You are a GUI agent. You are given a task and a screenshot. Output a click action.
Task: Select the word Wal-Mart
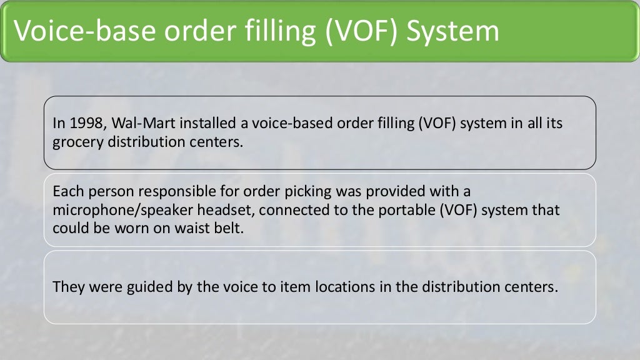click(125, 124)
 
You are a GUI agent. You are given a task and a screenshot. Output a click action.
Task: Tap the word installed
click(181, 124)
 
